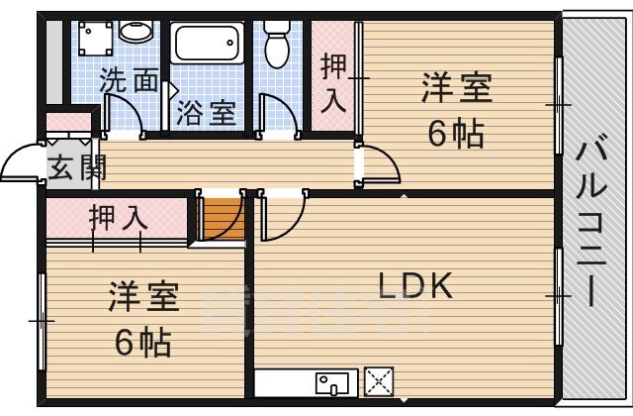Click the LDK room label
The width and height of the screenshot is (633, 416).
(x=416, y=285)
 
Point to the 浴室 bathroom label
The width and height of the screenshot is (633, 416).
(x=206, y=112)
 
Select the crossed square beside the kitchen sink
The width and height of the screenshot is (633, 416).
(x=379, y=380)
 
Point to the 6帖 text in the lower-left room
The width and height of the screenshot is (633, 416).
(x=142, y=342)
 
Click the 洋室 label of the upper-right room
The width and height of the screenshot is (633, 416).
(x=456, y=88)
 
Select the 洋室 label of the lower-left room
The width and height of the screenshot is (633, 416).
(x=142, y=296)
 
